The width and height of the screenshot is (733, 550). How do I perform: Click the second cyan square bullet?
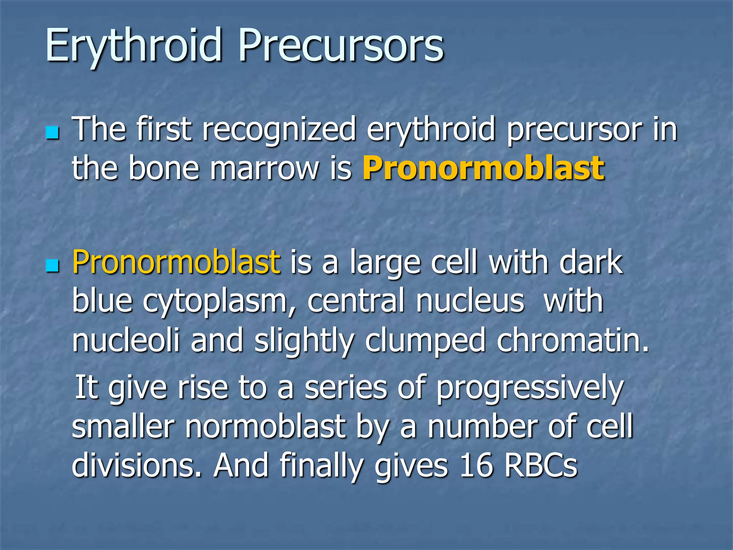pyautogui.click(x=53, y=266)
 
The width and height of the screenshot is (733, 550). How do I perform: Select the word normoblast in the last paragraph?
pyautogui.click(x=265, y=427)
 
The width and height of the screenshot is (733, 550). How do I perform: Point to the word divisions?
pyautogui.click(x=136, y=465)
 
